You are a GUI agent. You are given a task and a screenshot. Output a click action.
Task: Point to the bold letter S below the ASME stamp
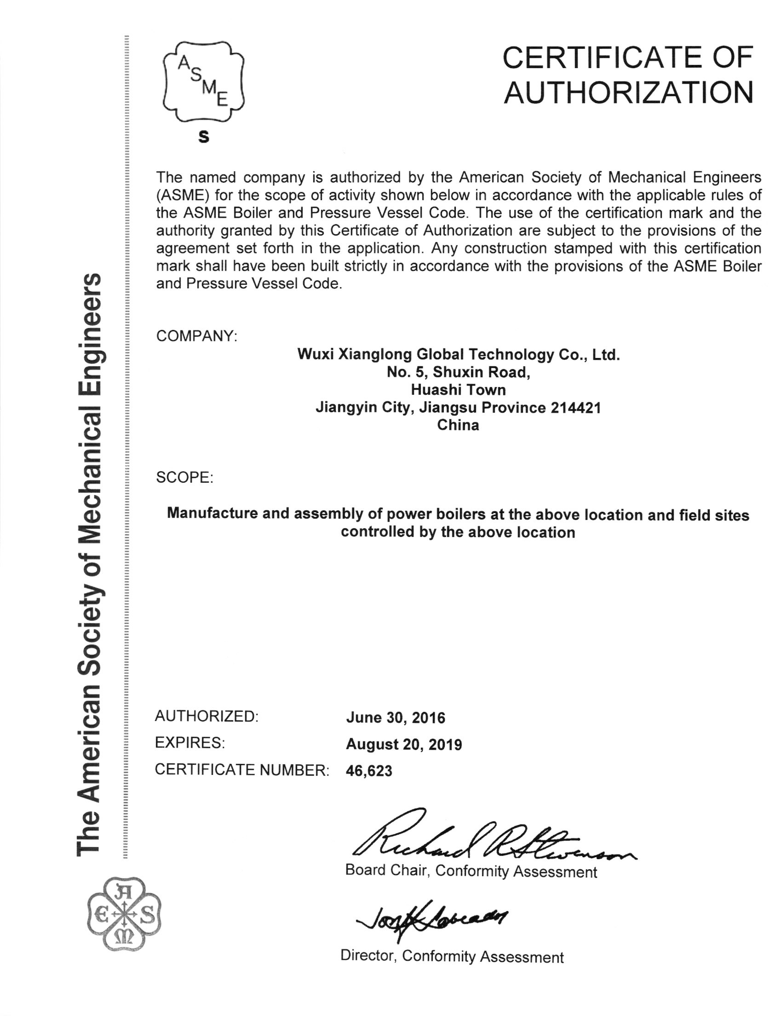click(x=203, y=137)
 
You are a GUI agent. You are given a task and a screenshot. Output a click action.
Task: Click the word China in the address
click(x=458, y=425)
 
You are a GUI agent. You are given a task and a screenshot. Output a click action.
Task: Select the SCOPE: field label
click(x=184, y=477)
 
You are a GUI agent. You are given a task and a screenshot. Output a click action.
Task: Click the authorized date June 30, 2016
click(x=395, y=718)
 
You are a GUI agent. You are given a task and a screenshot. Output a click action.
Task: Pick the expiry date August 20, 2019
click(x=404, y=744)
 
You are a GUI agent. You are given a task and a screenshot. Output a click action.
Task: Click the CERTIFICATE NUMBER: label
click(x=242, y=770)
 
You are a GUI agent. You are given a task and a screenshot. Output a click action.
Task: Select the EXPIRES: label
click(x=190, y=743)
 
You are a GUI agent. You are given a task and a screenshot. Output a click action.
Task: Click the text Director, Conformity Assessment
click(x=452, y=956)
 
